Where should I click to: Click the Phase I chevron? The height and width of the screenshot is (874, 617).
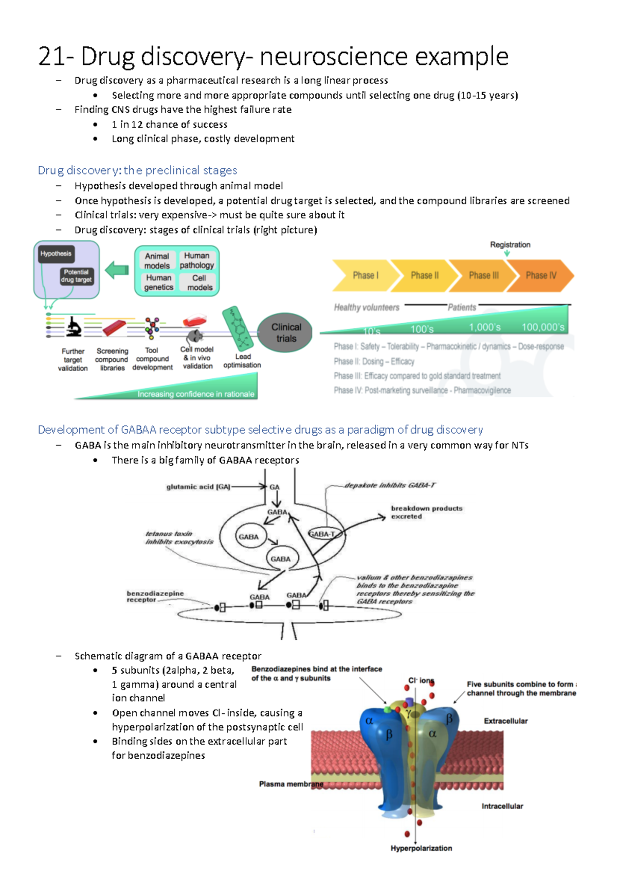pos(365,275)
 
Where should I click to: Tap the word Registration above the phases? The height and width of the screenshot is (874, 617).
pos(510,244)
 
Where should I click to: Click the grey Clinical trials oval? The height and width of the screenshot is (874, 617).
pos(286,333)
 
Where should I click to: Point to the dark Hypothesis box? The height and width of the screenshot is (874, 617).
pos(56,254)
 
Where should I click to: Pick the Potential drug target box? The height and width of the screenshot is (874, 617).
pos(76,276)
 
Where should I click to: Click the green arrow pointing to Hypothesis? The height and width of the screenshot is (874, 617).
pos(117,270)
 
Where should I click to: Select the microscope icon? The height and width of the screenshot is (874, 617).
pos(74,326)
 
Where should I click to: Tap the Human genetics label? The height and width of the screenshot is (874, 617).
pos(158,282)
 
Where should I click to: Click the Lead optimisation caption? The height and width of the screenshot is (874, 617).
pos(242,360)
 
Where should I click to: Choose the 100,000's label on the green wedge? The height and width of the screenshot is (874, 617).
pos(543,327)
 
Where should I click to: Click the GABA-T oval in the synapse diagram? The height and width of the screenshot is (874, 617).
pos(322,534)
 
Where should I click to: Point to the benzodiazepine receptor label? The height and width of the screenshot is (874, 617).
pos(155,596)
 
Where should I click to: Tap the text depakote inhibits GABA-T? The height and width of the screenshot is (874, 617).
pos(390,485)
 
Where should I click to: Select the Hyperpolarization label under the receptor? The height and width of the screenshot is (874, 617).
pos(421,848)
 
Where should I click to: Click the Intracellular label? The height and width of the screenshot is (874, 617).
pos(502,806)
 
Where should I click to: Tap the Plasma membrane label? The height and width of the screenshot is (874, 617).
pos(291,784)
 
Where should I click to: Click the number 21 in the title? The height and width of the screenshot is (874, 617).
pos(51,56)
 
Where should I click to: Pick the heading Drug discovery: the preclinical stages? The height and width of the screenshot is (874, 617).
pos(137,170)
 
